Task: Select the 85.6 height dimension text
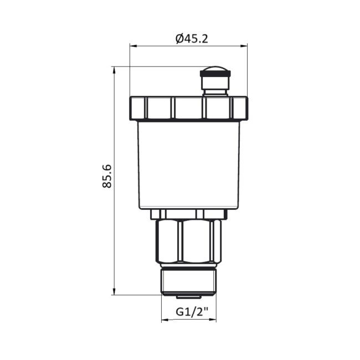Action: [x=107, y=176]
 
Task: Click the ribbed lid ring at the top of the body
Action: [x=189, y=108]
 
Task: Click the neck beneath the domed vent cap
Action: [x=215, y=86]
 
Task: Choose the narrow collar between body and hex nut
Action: [x=189, y=213]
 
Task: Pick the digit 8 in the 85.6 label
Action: [x=107, y=184]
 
